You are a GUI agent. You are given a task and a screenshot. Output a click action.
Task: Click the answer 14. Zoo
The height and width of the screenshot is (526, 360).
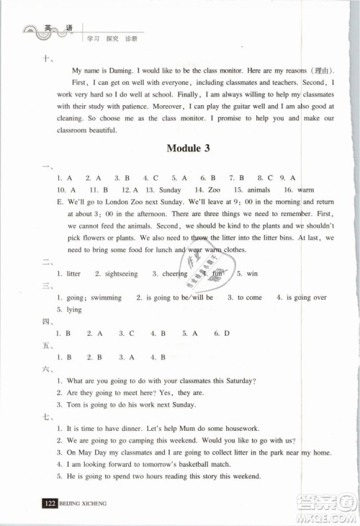(x=217, y=189)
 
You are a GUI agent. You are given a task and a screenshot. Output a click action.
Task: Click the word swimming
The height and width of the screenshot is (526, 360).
(x=106, y=298)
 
